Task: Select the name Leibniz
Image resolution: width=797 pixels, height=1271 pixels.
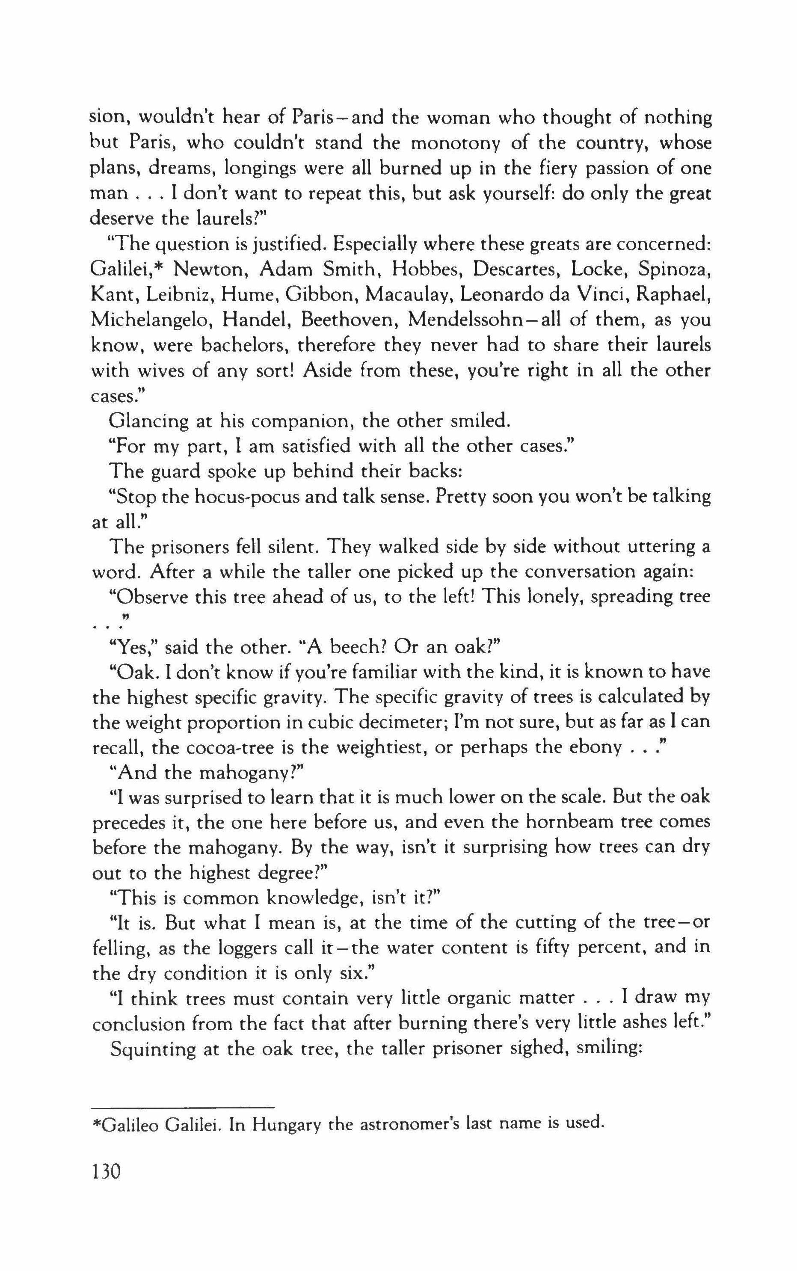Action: coord(178,295)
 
